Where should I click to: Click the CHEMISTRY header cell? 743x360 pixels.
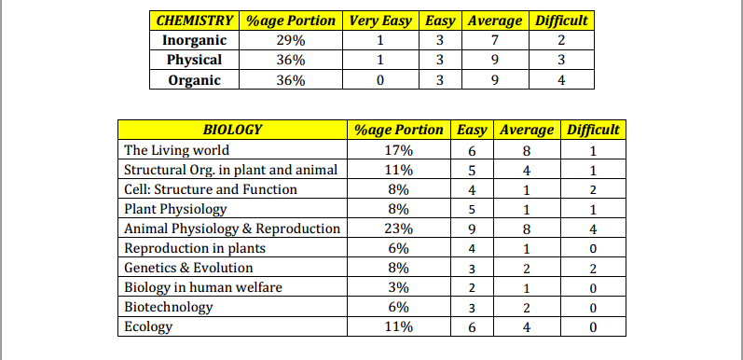click(x=195, y=21)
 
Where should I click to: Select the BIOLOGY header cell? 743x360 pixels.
click(x=232, y=130)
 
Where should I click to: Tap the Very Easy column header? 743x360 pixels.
click(x=380, y=21)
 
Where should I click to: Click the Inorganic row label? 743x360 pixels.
click(x=194, y=41)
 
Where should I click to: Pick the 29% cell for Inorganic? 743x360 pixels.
click(x=291, y=41)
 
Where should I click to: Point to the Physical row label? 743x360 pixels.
click(x=194, y=61)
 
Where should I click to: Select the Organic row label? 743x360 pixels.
click(x=194, y=80)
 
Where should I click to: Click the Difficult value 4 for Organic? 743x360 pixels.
click(x=560, y=80)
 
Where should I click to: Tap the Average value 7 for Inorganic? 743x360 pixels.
click(x=494, y=41)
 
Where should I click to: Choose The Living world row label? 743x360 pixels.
click(x=177, y=150)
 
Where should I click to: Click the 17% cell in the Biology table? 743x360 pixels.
click(x=398, y=150)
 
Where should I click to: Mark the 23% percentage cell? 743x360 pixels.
click(x=398, y=228)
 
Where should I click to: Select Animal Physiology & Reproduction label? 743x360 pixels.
click(x=232, y=228)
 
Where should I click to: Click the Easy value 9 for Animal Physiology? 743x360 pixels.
click(x=474, y=228)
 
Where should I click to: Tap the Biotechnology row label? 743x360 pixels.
click(x=169, y=307)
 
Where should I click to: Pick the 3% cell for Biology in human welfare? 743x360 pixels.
click(x=398, y=287)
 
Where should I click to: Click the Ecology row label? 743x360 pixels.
click(x=149, y=326)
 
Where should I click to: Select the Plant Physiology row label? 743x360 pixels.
click(x=175, y=209)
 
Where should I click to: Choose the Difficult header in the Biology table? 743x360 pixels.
click(x=593, y=130)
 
